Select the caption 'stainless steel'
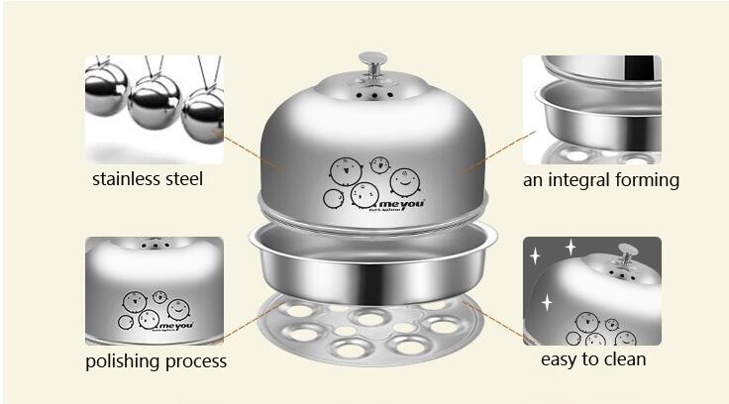point(148,179)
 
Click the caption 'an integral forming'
point(601,180)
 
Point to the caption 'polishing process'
point(156,360)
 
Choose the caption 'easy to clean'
point(593,358)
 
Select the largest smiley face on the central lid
point(403,179)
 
